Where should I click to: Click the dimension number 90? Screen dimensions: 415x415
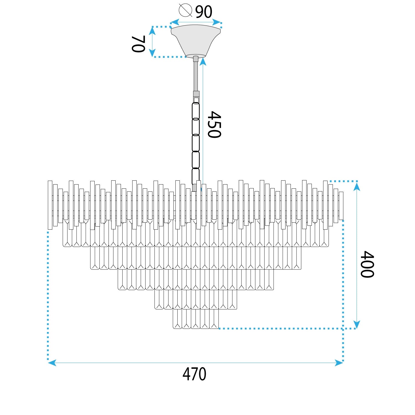(x=204, y=12)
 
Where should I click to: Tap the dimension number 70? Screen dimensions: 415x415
(x=138, y=44)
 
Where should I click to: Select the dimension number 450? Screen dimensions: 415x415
(x=214, y=124)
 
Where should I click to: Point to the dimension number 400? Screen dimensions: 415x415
(x=367, y=264)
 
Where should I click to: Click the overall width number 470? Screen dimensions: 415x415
(x=194, y=374)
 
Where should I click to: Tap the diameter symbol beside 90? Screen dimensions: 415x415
(x=185, y=10)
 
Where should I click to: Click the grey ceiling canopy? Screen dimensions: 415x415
(x=196, y=41)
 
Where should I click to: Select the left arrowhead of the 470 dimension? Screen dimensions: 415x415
(x=52, y=363)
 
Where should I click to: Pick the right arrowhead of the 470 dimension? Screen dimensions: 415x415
(x=339, y=363)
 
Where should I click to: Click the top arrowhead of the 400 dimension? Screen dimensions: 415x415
(x=357, y=187)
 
